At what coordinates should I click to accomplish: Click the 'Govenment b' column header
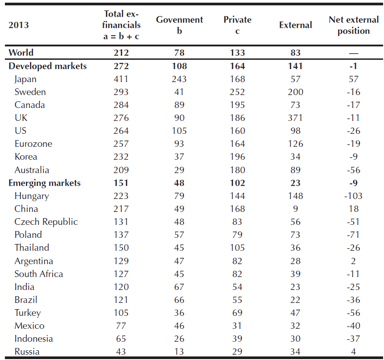click(x=179, y=25)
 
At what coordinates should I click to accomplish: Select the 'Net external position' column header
click(x=354, y=25)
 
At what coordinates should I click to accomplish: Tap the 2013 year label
click(x=19, y=25)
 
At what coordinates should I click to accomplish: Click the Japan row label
click(x=25, y=79)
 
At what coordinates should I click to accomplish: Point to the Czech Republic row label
click(x=46, y=222)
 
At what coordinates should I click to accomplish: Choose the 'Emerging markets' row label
click(x=45, y=183)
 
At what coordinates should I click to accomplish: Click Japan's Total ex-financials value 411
click(x=121, y=79)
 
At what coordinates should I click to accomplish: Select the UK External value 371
click(x=295, y=118)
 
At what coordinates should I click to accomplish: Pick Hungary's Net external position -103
click(x=353, y=196)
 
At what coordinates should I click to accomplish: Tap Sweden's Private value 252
click(x=237, y=92)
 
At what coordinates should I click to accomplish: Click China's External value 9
click(x=295, y=209)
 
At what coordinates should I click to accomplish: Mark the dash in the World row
click(x=354, y=53)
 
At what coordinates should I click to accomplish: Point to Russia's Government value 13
click(x=179, y=352)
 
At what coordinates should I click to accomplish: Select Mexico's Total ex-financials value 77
click(x=121, y=326)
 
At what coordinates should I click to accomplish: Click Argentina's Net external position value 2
click(x=353, y=261)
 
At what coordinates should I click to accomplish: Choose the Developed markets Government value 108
click(x=179, y=66)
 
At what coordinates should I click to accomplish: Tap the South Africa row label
click(x=39, y=274)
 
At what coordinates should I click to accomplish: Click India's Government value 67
click(x=179, y=287)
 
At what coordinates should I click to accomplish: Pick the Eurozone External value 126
click(x=295, y=144)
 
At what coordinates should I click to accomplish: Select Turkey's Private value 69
click(x=237, y=313)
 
